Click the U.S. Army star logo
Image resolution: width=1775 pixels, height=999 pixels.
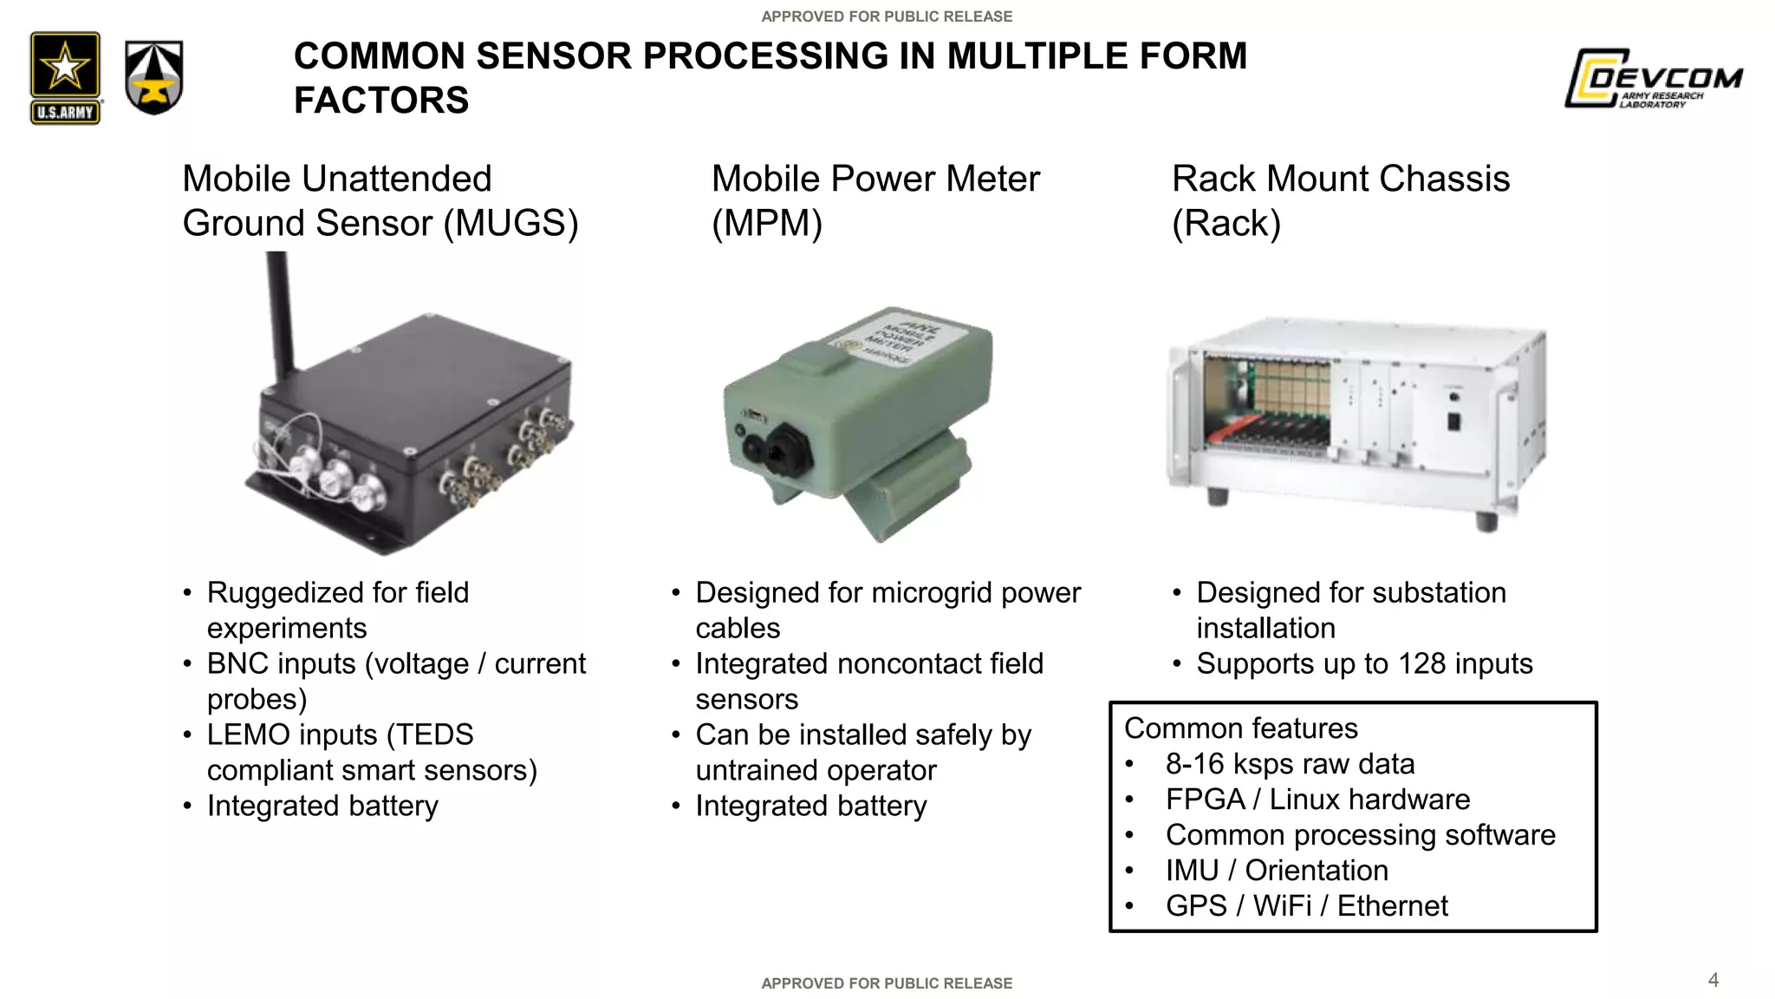(x=65, y=77)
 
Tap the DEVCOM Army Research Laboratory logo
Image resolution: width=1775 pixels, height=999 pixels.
(x=1653, y=78)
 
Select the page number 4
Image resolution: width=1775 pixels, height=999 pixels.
(x=1713, y=980)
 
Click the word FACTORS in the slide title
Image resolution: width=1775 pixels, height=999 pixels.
(x=381, y=101)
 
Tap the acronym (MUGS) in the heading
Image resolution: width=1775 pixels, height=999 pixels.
(x=510, y=224)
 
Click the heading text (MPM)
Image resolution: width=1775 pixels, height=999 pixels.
(x=766, y=224)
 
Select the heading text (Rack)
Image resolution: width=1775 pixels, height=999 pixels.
(x=1226, y=224)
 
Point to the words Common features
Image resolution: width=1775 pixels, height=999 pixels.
(x=1240, y=728)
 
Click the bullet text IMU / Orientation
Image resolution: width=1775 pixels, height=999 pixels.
(x=1276, y=871)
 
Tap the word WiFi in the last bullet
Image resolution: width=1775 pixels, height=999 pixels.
(x=1282, y=906)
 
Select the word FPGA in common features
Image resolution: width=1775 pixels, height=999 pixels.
(x=1205, y=800)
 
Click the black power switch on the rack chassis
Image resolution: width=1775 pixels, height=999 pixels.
(x=1454, y=422)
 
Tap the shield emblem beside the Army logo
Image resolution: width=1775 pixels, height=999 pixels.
(x=154, y=77)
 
